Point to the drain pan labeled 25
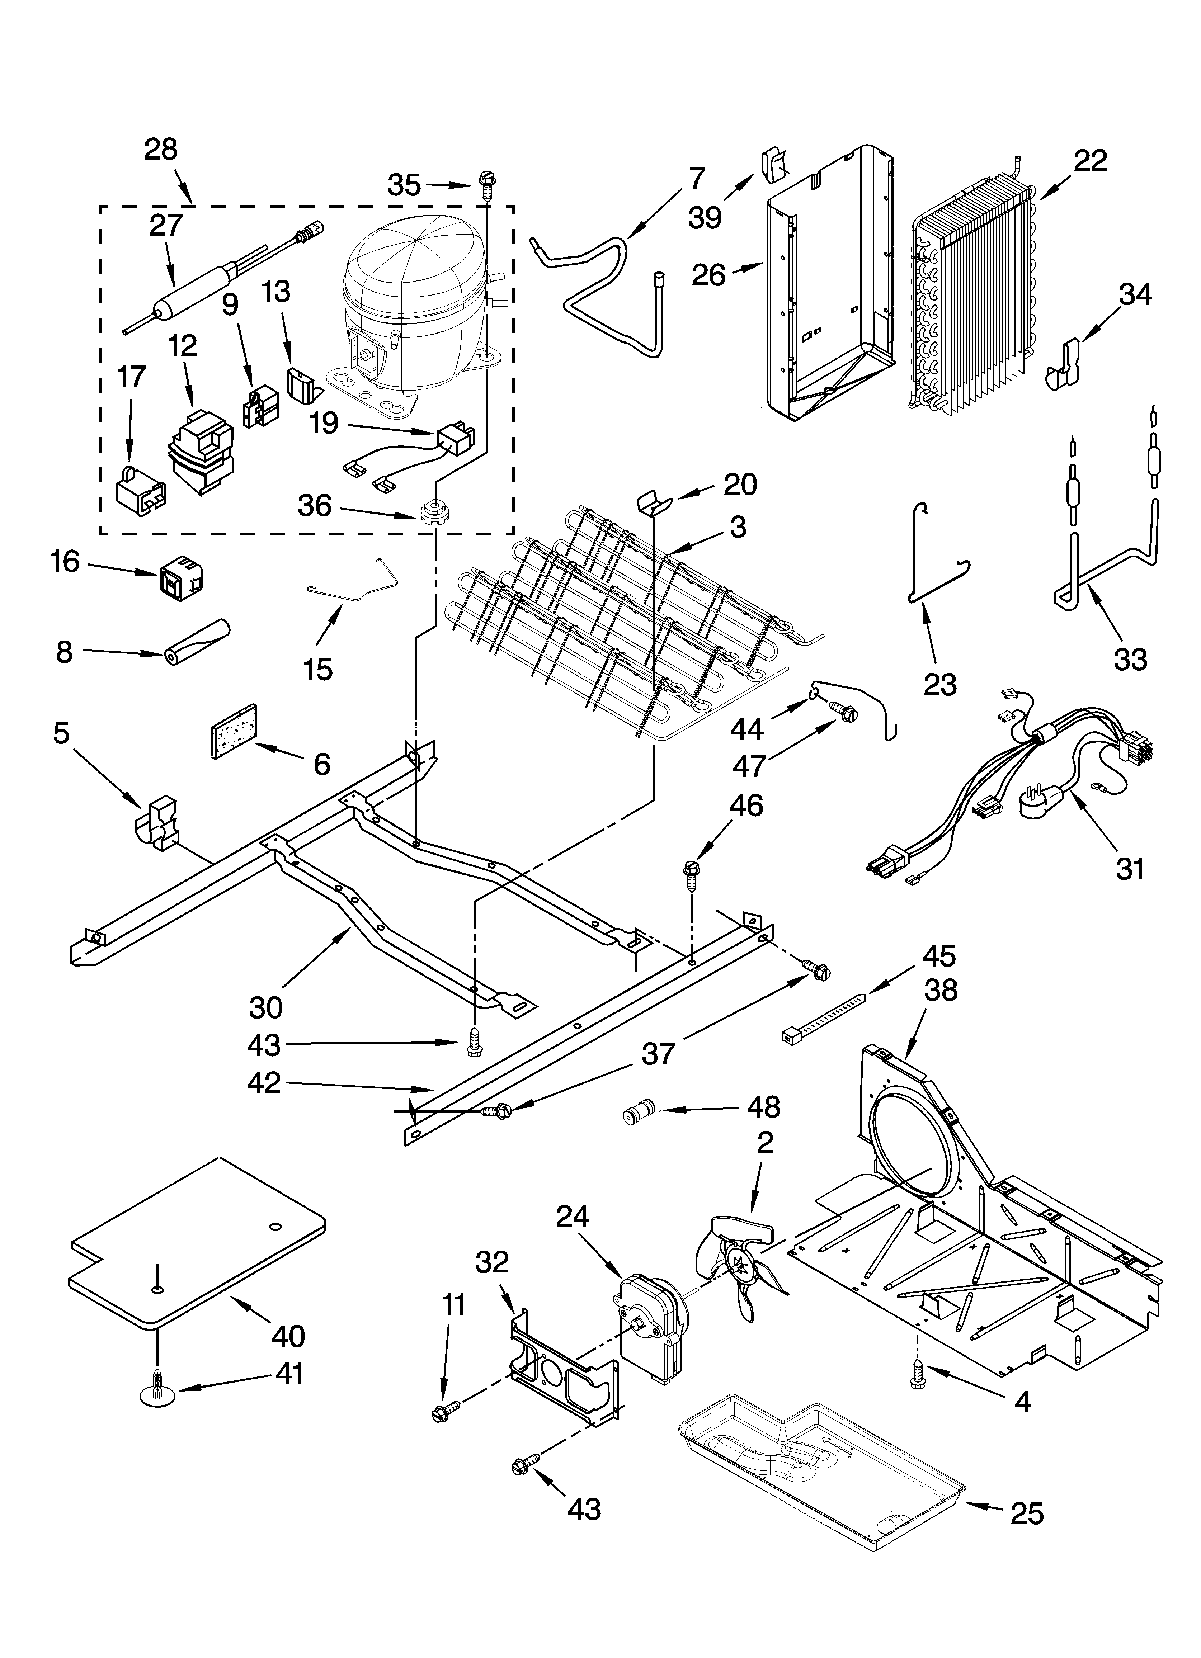coord(819,1469)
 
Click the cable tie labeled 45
coord(823,1016)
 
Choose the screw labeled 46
coord(691,874)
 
